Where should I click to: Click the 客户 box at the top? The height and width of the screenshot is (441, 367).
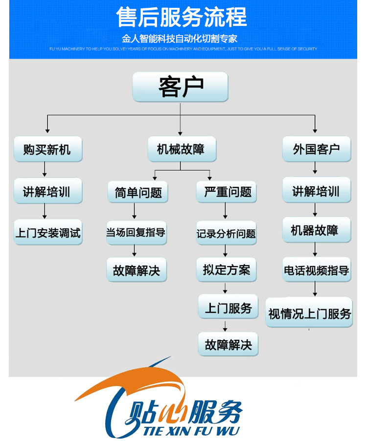click(x=180, y=87)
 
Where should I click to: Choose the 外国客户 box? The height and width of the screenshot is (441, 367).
click(x=317, y=149)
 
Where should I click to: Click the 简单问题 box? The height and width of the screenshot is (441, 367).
click(x=135, y=192)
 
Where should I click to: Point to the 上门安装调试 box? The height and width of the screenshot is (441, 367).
click(x=47, y=232)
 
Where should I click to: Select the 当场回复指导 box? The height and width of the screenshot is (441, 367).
click(x=136, y=232)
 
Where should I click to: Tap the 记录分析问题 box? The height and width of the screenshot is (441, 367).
click(x=226, y=233)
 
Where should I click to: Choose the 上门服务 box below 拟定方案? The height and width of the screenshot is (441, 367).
click(x=228, y=308)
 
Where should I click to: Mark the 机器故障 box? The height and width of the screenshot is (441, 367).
click(x=316, y=230)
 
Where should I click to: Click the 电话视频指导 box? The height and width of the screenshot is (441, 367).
click(x=316, y=269)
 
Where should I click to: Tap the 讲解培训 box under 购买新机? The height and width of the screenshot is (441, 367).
click(x=47, y=191)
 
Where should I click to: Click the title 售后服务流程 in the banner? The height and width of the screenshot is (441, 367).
click(x=181, y=18)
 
